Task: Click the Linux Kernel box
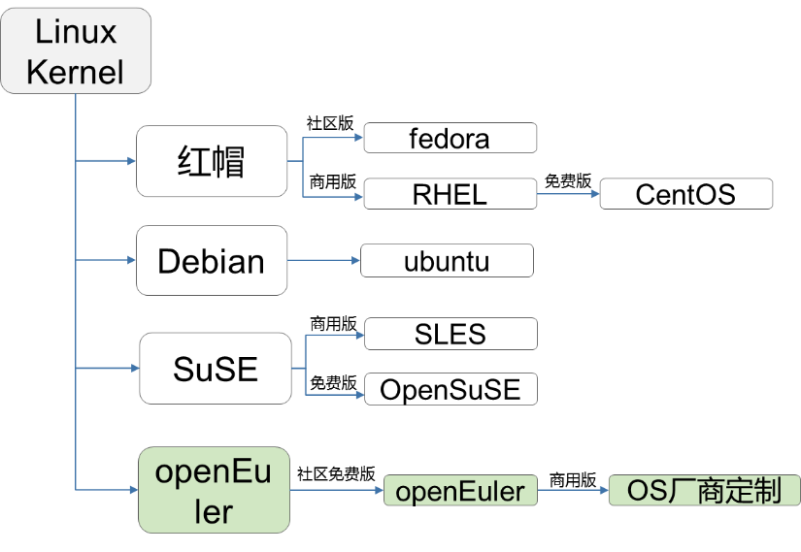pos(76,50)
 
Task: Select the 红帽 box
pos(212,161)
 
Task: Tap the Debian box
pos(212,260)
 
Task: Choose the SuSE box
pos(216,369)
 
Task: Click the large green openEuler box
pos(214,490)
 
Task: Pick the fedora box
pos(450,139)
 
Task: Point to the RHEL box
pos(450,194)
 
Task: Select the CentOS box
pos(685,194)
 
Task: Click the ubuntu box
pos(447,260)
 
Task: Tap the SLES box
pos(450,335)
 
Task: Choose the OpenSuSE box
pos(450,390)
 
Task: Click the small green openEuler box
pos(459,491)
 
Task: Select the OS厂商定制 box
pos(703,491)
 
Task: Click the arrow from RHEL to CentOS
pos(567,194)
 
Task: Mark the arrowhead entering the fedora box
pos(357,139)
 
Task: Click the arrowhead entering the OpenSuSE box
pos(358,393)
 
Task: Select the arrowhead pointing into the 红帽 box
pos(130,161)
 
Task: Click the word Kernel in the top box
pos(76,72)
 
